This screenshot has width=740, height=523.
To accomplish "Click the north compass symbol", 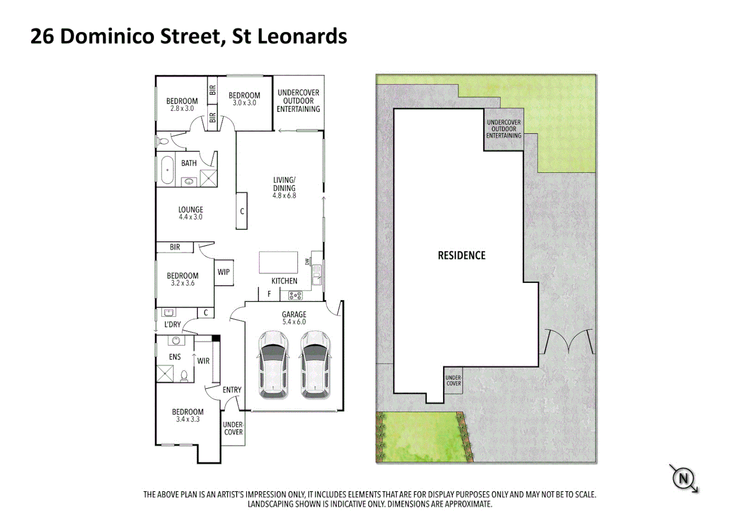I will [x=683, y=479].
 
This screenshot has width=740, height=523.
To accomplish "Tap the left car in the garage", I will [x=274, y=365].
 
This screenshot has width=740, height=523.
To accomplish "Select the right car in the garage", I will [x=316, y=365].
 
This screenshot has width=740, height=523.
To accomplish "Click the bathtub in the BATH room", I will [x=167, y=170].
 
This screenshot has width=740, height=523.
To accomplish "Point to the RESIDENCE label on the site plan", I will [x=462, y=256].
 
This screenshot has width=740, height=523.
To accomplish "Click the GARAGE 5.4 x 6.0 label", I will [x=294, y=318].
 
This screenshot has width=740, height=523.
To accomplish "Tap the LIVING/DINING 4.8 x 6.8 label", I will [x=284, y=188].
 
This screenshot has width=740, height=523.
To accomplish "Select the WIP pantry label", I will [x=224, y=272].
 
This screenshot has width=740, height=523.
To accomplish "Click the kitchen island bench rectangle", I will [x=278, y=262].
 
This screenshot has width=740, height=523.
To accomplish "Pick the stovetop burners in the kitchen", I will [x=295, y=295].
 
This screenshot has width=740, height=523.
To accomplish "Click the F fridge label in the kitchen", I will [x=269, y=294].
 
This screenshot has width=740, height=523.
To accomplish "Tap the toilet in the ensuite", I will [x=185, y=375].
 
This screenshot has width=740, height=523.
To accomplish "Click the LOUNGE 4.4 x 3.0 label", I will [x=191, y=213].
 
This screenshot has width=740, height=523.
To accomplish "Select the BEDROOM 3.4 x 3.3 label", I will [x=188, y=415].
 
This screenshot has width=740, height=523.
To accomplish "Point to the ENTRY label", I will [x=232, y=390].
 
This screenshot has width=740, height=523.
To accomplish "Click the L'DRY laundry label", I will [x=172, y=324].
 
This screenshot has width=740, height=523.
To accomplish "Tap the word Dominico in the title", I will [x=140, y=37].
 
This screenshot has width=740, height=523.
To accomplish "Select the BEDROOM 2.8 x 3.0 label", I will [x=182, y=105].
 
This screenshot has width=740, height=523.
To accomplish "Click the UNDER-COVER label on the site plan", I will [x=454, y=381].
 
